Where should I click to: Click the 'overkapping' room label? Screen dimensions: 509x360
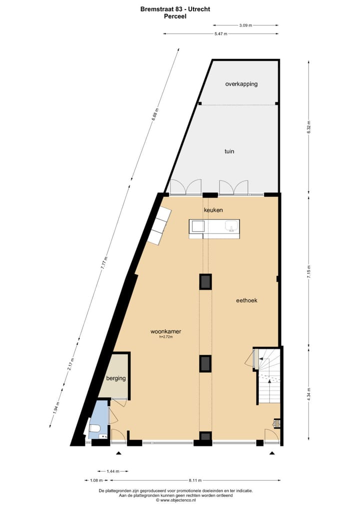[241, 84]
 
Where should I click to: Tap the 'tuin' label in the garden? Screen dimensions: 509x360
[229, 151]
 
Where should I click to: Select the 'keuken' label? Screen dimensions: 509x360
[213, 210]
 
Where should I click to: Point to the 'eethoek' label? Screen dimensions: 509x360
[246, 300]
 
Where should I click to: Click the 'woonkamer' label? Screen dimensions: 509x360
[165, 331]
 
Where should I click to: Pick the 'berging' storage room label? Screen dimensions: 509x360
[115, 378]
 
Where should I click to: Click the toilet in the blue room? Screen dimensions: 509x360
[94, 429]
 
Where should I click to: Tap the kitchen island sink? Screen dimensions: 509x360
[231, 227]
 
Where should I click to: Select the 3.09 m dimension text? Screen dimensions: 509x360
[245, 25]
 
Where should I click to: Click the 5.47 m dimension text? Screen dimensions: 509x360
[220, 34]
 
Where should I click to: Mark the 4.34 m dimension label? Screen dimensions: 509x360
[309, 392]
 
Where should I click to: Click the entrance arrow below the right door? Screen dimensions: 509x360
[272, 453]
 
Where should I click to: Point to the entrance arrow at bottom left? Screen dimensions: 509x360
[118, 453]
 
